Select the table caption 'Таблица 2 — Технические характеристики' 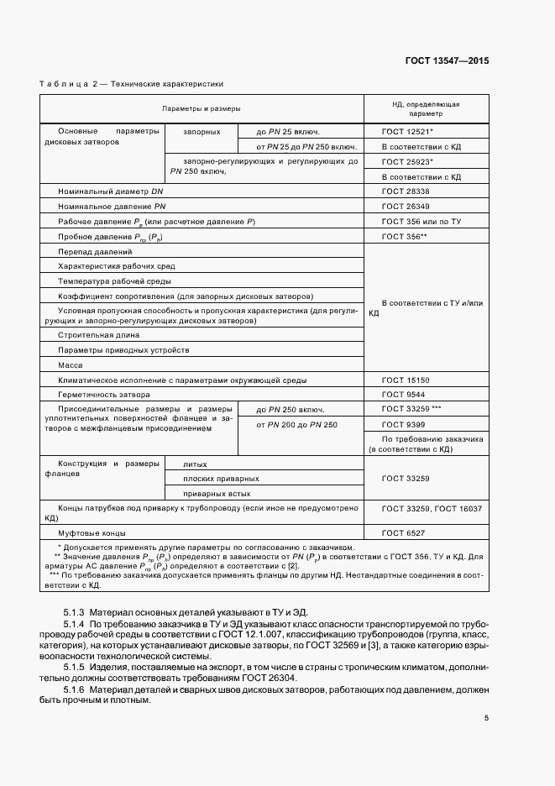click(132, 84)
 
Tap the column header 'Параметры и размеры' click(202, 109)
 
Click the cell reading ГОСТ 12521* click(407, 132)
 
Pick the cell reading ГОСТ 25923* click(407, 161)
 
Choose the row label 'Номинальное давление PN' click(112, 206)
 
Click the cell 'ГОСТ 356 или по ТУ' click(422, 221)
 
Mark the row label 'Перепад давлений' click(95, 252)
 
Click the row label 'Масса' click(71, 365)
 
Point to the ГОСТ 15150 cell click(405, 380)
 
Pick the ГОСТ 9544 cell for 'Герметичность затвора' click(402, 395)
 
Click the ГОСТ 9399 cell click(402, 425)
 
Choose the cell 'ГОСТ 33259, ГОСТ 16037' click(432, 510)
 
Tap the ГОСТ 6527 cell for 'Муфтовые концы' click(402, 533)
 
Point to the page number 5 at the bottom click(486, 718)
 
